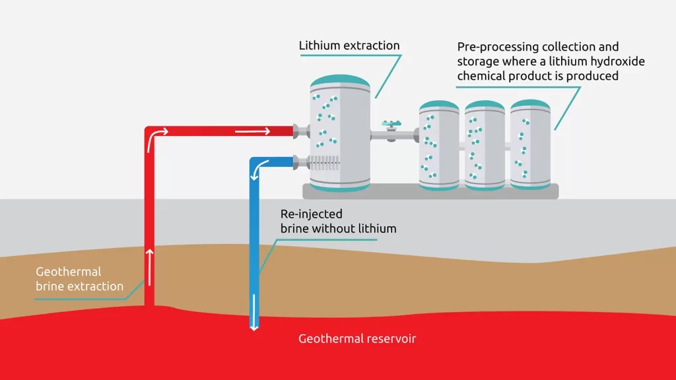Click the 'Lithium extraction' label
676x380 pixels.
(x=349, y=46)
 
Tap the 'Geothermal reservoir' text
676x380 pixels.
(x=357, y=339)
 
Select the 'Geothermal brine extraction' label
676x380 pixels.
(x=79, y=279)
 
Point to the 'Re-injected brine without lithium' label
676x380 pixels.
(x=338, y=222)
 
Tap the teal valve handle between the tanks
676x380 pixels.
(x=391, y=123)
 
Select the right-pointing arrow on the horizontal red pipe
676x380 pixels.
(x=253, y=131)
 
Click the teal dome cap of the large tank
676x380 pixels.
(x=341, y=81)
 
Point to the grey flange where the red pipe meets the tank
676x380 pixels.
(x=301, y=131)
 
